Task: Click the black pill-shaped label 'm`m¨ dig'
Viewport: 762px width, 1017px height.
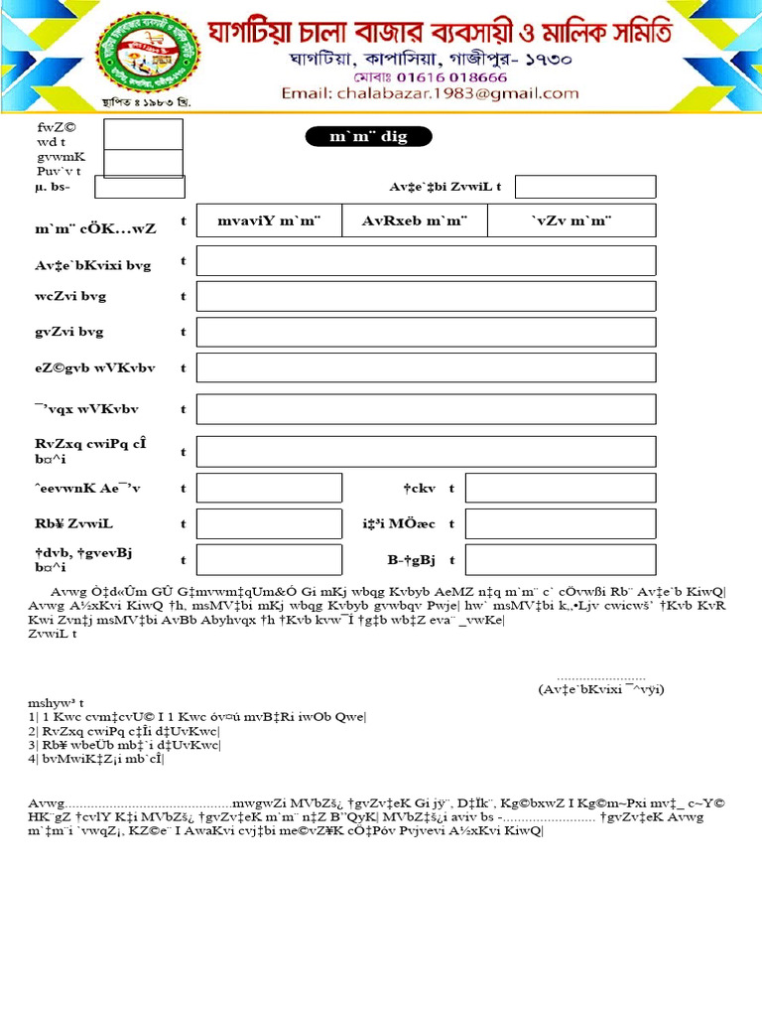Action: pyautogui.click(x=368, y=137)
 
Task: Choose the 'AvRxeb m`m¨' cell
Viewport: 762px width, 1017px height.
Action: pyautogui.click(x=415, y=220)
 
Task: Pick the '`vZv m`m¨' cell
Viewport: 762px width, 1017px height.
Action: pyautogui.click(x=571, y=220)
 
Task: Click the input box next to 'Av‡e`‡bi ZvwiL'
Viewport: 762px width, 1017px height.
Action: pyautogui.click(x=584, y=187)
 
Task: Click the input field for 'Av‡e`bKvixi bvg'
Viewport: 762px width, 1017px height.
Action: pyautogui.click(x=426, y=260)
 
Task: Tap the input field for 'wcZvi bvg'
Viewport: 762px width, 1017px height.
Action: pyautogui.click(x=426, y=296)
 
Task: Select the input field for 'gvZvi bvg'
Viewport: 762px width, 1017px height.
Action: pyautogui.click(x=426, y=332)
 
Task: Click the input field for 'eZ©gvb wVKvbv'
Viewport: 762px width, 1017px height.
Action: pyautogui.click(x=426, y=367)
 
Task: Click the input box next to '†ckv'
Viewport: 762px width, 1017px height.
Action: pyautogui.click(x=560, y=488)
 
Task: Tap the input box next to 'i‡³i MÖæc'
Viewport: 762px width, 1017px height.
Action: pyautogui.click(x=560, y=523)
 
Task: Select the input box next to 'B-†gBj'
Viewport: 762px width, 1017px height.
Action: pyautogui.click(x=560, y=559)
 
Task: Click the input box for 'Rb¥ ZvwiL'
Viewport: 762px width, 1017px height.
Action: pyautogui.click(x=269, y=523)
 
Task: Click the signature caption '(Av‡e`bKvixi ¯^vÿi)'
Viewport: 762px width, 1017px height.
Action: pyautogui.click(x=600, y=688)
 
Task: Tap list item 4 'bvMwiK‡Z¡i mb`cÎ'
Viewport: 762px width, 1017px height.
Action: pyautogui.click(x=97, y=759)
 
